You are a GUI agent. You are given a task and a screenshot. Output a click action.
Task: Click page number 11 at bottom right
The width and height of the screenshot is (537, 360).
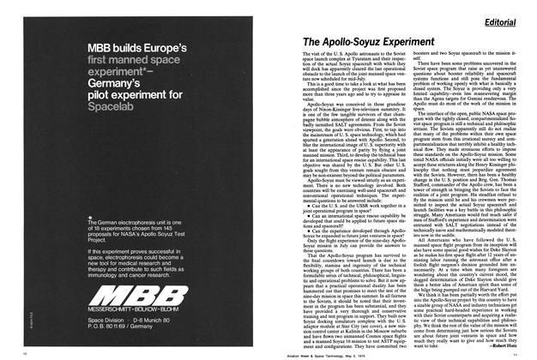[525, 352]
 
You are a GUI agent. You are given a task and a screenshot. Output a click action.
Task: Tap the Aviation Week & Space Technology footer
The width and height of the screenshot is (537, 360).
[268, 352]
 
